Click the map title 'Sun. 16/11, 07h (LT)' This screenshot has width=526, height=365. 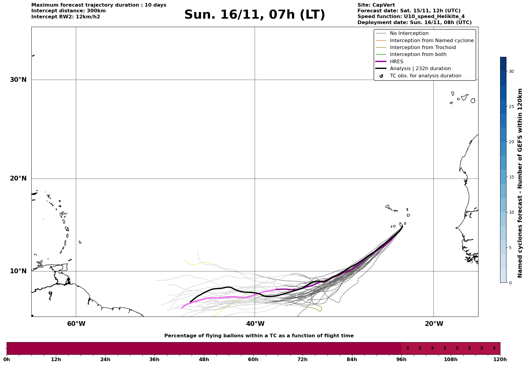255,15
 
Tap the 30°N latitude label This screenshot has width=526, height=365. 18,80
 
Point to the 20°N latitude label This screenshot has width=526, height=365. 18,178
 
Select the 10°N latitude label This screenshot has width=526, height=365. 18,271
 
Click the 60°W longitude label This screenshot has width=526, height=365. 76,324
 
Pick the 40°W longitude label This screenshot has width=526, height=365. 255,324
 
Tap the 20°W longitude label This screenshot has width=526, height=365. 434,324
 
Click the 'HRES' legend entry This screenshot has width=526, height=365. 397,62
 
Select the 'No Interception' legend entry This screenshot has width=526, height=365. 409,33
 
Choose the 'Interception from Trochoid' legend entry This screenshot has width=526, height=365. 423,48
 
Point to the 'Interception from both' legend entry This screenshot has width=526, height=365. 418,54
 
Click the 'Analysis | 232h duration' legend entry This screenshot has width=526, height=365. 420,69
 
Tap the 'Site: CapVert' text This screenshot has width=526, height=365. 376,5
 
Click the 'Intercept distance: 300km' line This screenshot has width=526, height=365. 69,11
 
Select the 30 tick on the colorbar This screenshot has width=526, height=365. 511,71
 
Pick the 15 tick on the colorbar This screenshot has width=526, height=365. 511,177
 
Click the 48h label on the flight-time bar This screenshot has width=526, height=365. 204,359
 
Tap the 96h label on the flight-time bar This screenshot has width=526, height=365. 401,359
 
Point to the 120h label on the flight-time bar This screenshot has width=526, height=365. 500,359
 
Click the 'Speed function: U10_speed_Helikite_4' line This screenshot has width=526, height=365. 411,17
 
